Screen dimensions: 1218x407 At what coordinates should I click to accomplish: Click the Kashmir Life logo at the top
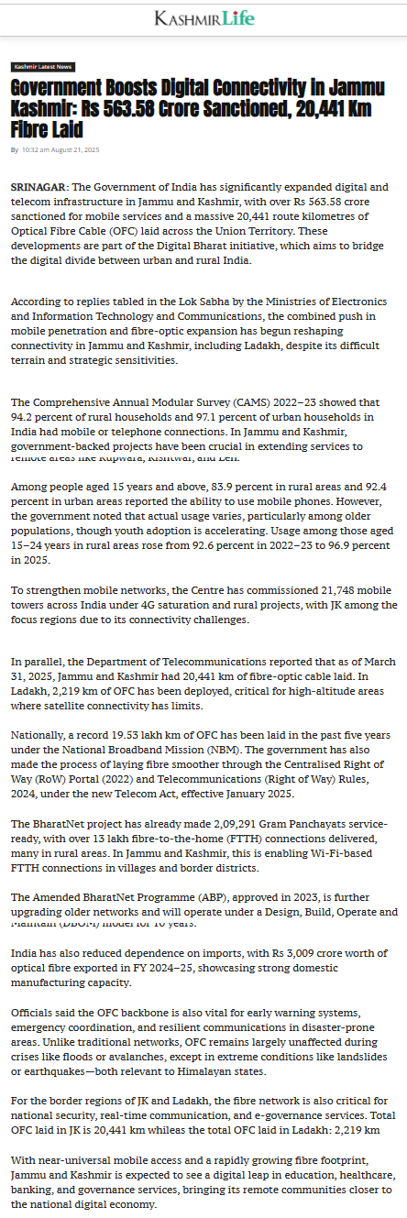204,18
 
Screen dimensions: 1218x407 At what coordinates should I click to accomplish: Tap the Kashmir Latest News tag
43,67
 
